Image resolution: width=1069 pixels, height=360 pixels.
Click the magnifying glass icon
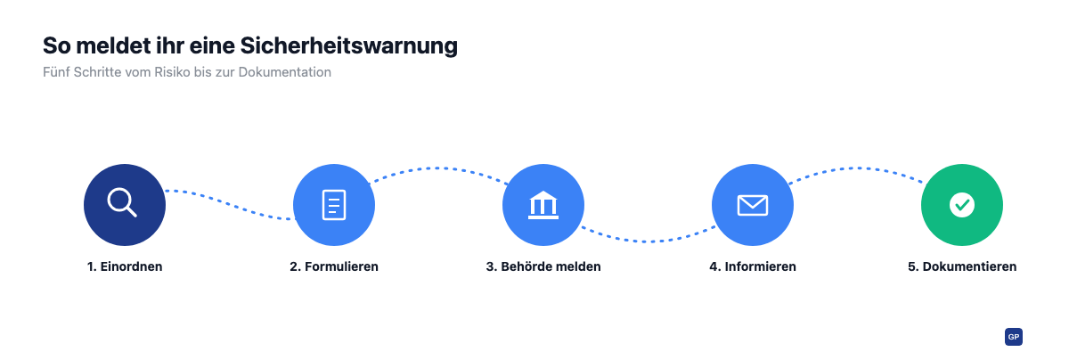[x=122, y=202]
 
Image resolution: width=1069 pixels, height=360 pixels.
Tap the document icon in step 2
[x=334, y=205]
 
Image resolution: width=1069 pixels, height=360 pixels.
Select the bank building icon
[x=543, y=205]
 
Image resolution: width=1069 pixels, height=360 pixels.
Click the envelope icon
[x=753, y=205]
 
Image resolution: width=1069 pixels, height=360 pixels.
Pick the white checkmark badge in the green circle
[x=961, y=205]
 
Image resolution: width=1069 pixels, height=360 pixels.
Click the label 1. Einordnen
[x=125, y=266]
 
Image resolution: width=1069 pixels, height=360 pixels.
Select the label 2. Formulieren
[x=334, y=266]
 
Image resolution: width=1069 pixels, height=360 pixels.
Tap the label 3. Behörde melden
[x=543, y=266]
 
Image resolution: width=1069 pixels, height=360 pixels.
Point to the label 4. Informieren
[x=753, y=266]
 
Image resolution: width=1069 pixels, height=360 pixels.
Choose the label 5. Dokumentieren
[x=962, y=266]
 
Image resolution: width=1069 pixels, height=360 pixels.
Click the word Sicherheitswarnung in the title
[x=349, y=45]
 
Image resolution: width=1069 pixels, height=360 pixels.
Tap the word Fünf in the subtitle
[x=56, y=72]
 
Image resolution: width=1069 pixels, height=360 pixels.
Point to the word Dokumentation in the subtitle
[x=284, y=72]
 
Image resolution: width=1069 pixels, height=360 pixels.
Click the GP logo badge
[x=1014, y=337]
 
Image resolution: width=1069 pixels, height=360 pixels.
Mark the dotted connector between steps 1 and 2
[x=229, y=205]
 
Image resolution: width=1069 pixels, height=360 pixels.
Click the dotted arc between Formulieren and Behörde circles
[x=439, y=168]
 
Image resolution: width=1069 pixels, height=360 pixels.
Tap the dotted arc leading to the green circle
[x=858, y=168]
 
